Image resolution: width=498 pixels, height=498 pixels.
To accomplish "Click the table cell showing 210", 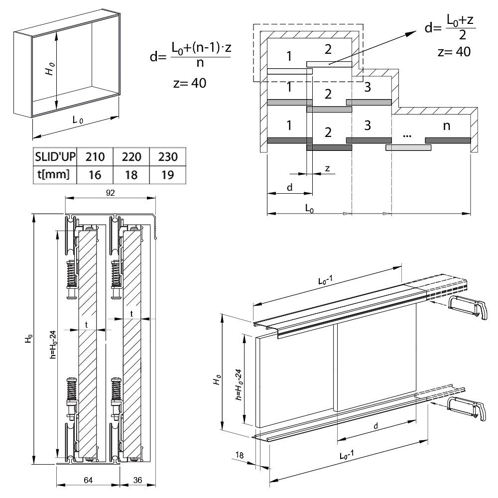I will tap(95, 157).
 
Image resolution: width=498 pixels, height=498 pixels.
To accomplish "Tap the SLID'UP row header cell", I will tap(55, 157).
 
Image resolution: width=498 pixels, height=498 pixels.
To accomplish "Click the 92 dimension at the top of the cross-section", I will tap(111, 193).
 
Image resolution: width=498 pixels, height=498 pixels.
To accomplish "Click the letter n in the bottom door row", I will tap(446, 126).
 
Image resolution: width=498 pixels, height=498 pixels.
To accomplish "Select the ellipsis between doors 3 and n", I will tap(407, 133).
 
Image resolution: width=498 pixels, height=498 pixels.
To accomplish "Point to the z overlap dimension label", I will tap(327, 168).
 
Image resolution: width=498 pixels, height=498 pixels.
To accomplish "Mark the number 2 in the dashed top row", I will tap(327, 49).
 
